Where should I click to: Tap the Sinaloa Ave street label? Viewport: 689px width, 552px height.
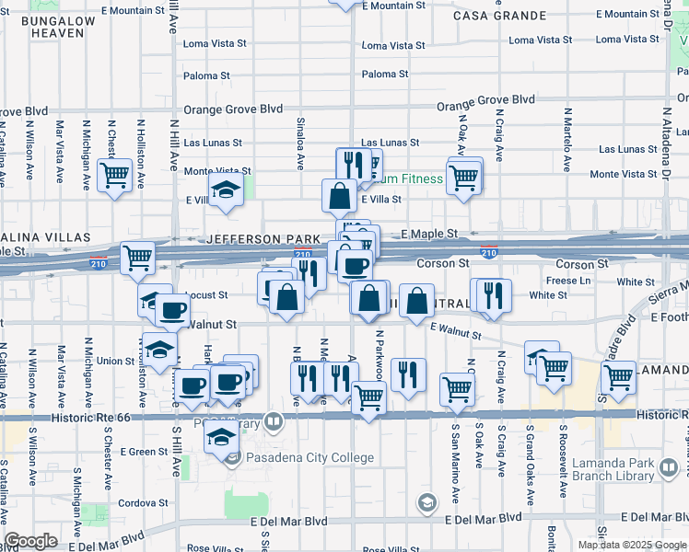(x=300, y=143)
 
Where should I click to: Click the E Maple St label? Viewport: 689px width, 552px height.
(x=432, y=235)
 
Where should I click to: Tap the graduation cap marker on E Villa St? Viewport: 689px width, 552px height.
(x=225, y=190)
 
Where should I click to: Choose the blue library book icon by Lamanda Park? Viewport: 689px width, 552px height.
(x=670, y=470)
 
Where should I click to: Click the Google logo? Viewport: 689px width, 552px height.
(x=31, y=541)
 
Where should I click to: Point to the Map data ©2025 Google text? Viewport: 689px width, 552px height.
(x=631, y=545)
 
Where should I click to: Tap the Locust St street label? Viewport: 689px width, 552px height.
(x=207, y=295)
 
